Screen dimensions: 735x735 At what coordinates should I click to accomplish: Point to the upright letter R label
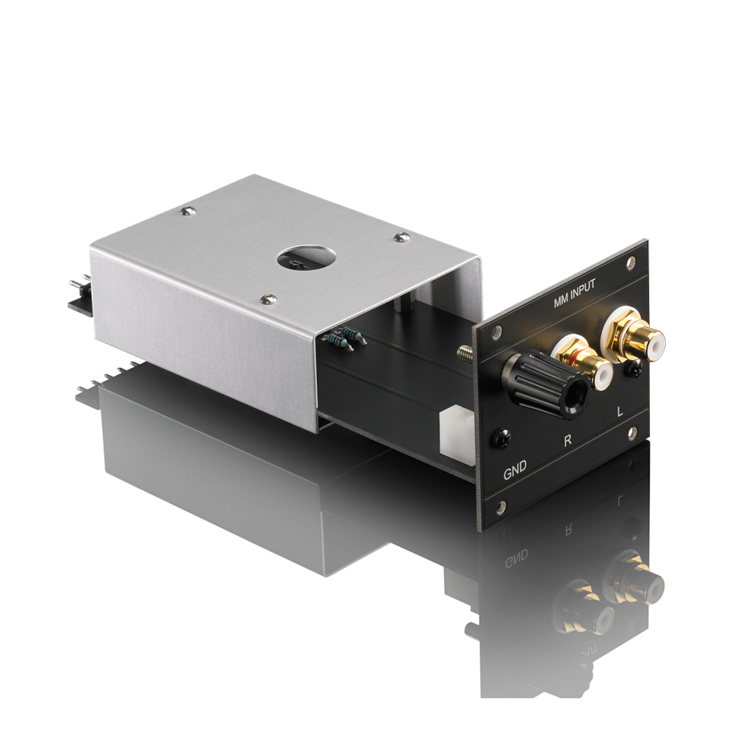[x=567, y=440]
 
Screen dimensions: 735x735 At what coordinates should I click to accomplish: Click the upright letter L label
[x=620, y=412]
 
